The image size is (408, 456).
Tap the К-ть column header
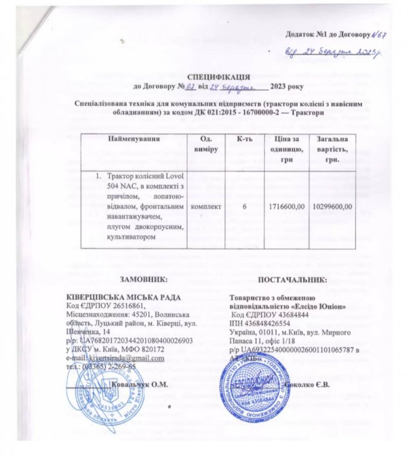point(245,138)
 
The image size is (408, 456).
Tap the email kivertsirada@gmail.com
point(125,358)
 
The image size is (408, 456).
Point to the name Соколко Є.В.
point(307,383)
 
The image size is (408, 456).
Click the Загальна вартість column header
point(332,149)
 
